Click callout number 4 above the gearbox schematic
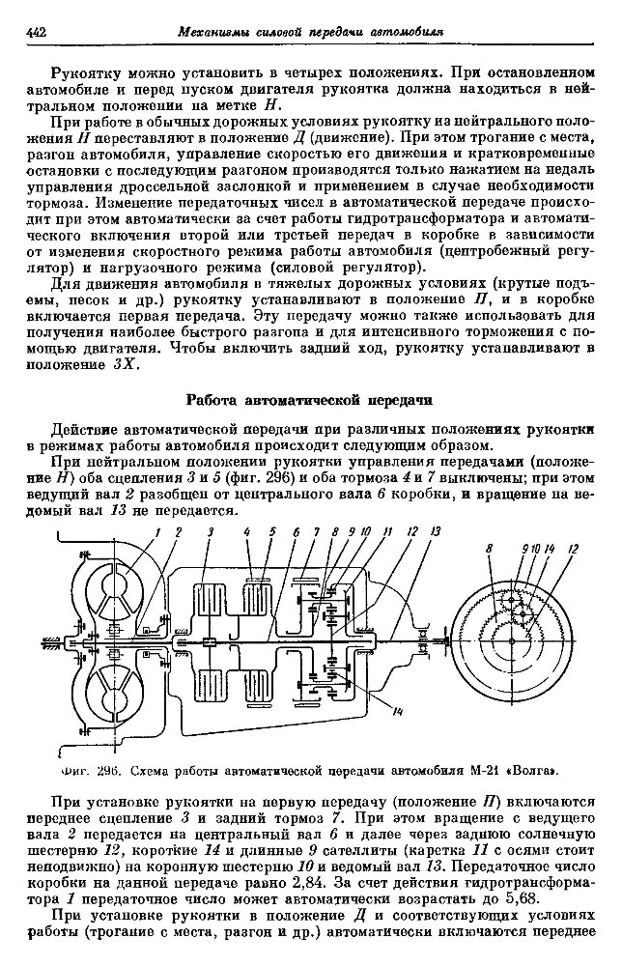pyautogui.click(x=247, y=531)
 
